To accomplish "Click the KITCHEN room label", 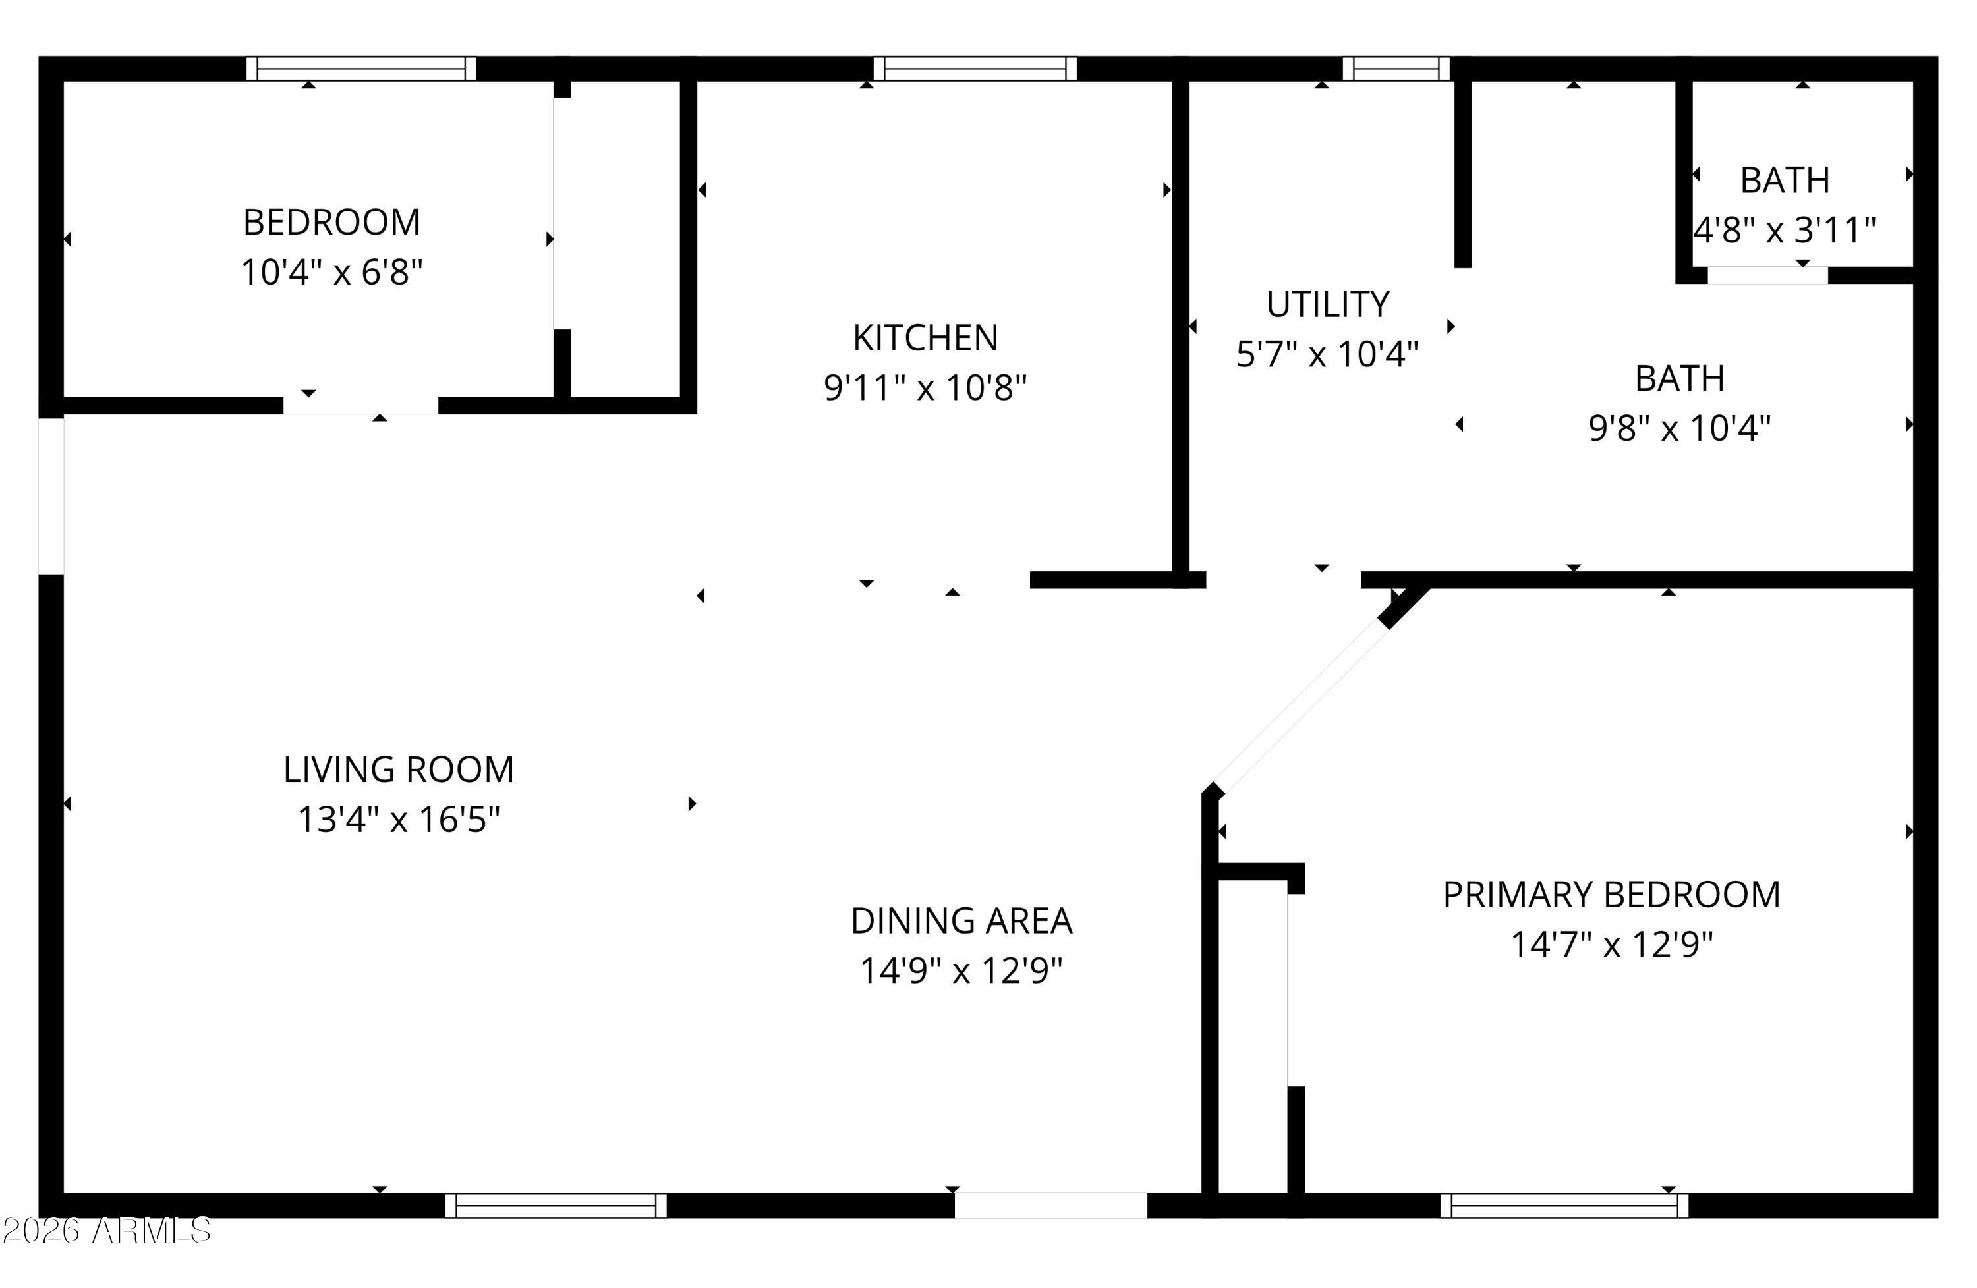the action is click(x=925, y=338).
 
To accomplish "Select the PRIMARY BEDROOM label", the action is click(x=1611, y=895).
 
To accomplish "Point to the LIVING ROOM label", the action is click(x=399, y=770).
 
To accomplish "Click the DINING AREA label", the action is click(x=961, y=921).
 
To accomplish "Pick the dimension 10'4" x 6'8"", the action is click(x=331, y=272).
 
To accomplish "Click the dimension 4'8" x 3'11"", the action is click(x=1785, y=230).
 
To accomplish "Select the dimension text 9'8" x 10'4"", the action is click(x=1680, y=428).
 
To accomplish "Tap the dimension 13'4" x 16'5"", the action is click(x=399, y=820).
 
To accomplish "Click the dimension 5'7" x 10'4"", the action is click(x=1327, y=354).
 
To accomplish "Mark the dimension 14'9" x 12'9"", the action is click(x=961, y=970).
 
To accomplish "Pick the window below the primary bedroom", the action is click(x=1564, y=1205).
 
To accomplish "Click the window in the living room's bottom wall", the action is click(x=556, y=1205).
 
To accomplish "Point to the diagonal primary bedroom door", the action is click(x=1300, y=708).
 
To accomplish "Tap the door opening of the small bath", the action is click(x=1767, y=275).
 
